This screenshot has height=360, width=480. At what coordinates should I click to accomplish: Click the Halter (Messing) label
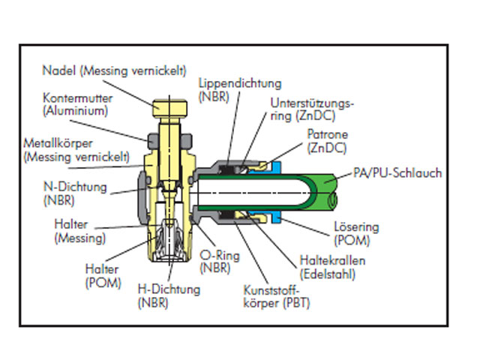click(78, 230)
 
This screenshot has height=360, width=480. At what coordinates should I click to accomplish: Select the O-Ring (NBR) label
click(220, 261)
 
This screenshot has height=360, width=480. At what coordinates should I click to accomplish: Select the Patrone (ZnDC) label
click(326, 140)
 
